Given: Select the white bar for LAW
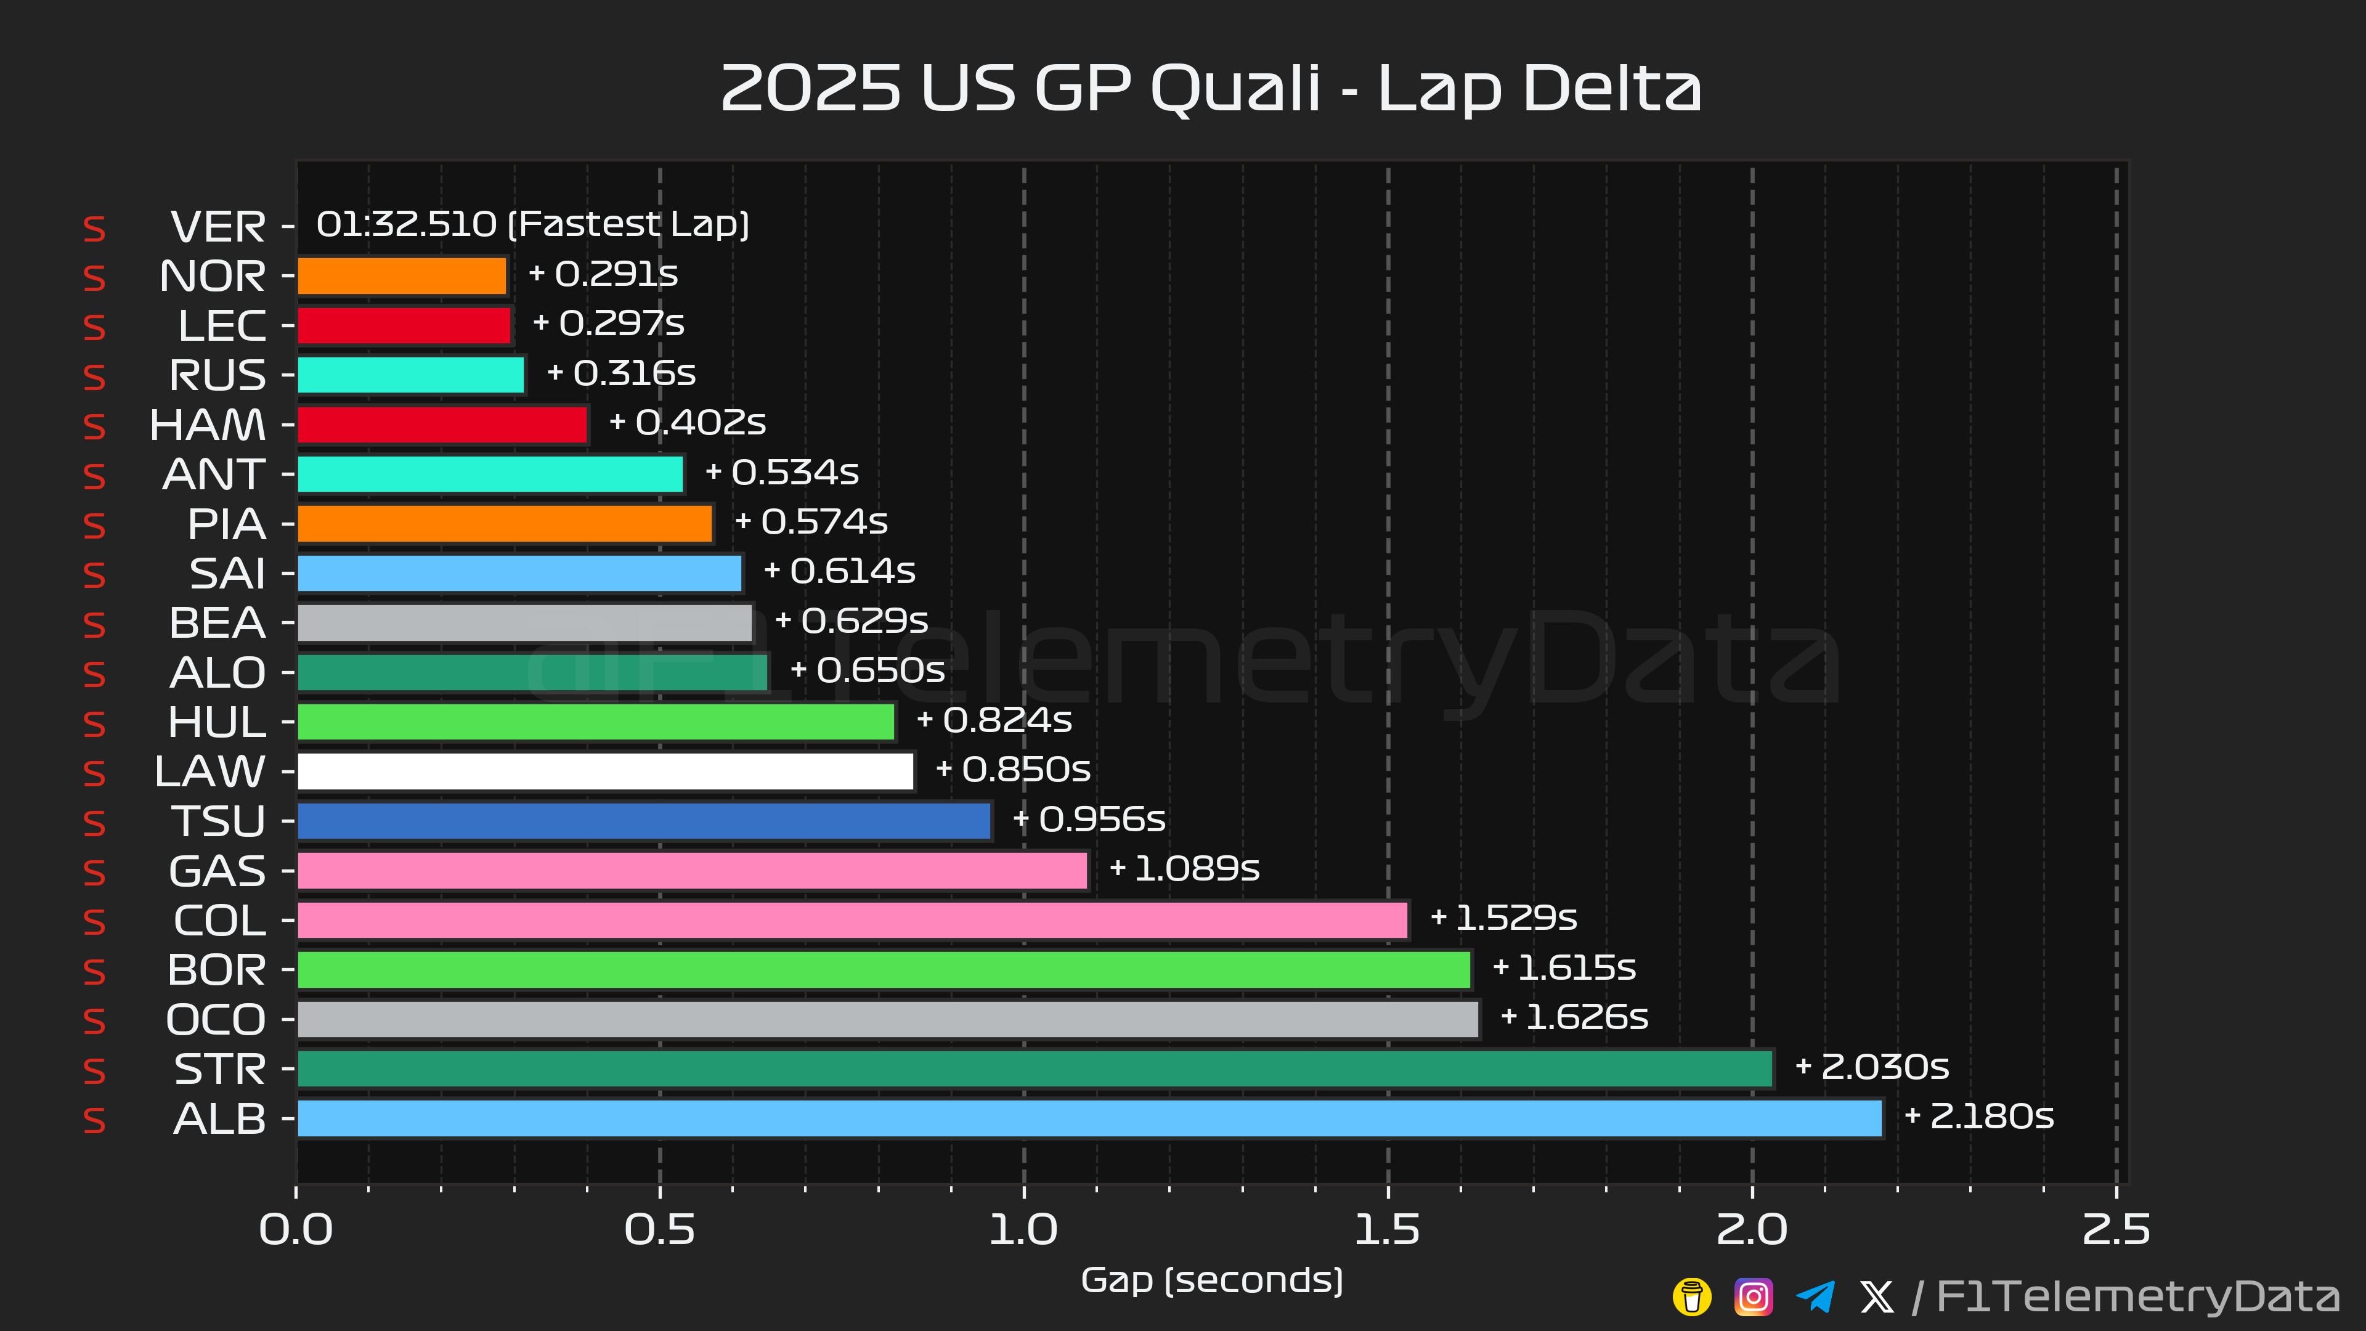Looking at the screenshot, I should coord(605,771).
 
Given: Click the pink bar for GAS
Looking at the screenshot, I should coord(693,871).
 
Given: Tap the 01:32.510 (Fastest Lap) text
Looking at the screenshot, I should coord(533,224).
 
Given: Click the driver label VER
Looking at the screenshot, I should coord(217,227).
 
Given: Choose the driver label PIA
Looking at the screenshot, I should coord(226,524).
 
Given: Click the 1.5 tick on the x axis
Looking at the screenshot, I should coord(1387,1230).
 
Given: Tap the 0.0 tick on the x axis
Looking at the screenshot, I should coord(296,1230).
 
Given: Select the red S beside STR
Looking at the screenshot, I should coord(94,1071).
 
